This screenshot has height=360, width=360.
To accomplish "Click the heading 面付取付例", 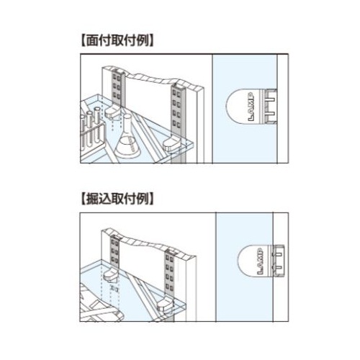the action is pyautogui.click(x=117, y=41).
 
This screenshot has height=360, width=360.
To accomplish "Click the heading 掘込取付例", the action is pyautogui.click(x=117, y=199).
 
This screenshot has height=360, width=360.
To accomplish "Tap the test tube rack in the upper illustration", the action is pyautogui.click(x=92, y=135).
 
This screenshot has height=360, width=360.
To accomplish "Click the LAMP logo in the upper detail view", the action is pyautogui.click(x=251, y=107).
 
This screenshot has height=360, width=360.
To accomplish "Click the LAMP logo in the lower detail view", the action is pyautogui.click(x=261, y=261).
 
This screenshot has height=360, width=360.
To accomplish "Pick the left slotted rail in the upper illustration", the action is pyautogui.click(x=117, y=88).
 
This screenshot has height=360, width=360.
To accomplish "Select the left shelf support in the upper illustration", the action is pyautogui.click(x=113, y=112).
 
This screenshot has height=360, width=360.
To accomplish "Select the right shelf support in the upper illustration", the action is pyautogui.click(x=171, y=145).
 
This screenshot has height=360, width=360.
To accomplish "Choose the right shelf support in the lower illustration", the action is pyautogui.click(x=165, y=305).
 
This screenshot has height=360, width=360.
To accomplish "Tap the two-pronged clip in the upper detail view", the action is pyautogui.click(x=271, y=107).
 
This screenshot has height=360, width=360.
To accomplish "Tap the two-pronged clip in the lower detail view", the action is pyautogui.click(x=279, y=261).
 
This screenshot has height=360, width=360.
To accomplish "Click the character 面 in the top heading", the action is pyautogui.click(x=92, y=41).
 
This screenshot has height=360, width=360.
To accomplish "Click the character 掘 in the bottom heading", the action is pyautogui.click(x=92, y=199).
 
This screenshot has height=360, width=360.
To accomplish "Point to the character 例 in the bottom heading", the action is pyautogui.click(x=143, y=199).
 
